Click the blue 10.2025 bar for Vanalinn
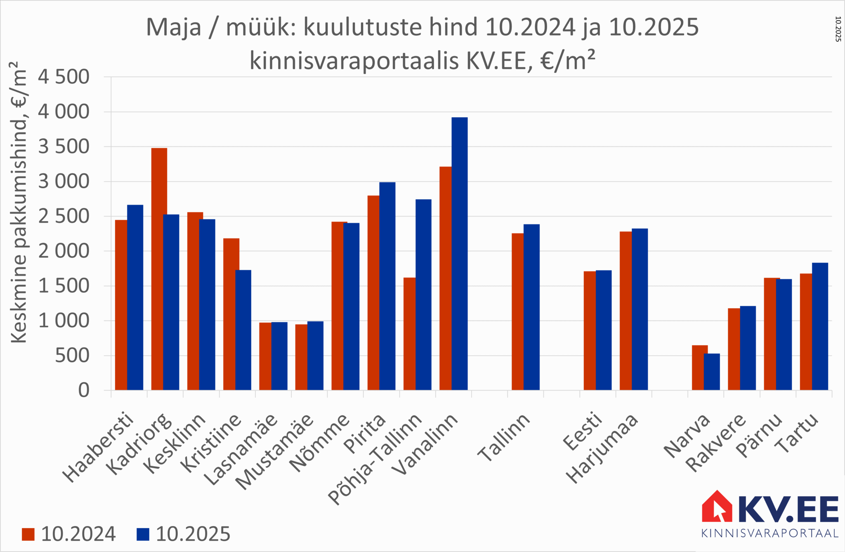(460, 254)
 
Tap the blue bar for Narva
(712, 372)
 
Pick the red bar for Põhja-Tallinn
(409, 334)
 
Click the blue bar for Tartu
(820, 326)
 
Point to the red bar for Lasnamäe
(265, 356)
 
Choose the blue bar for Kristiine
(243, 330)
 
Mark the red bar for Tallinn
(517, 311)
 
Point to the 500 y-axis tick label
(72, 356)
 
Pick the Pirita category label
(365, 433)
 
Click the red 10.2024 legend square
(28, 534)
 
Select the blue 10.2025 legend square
(143, 534)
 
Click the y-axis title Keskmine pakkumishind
(19, 202)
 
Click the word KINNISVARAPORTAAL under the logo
(770, 533)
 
